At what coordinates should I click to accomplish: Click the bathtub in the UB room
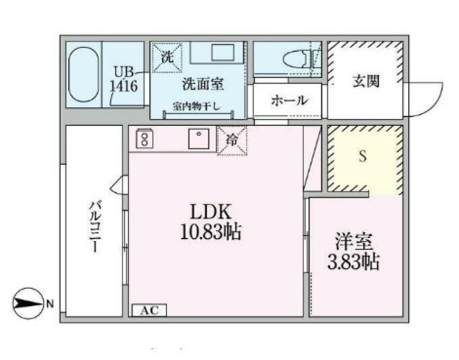click(83, 75)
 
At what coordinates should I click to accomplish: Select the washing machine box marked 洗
click(168, 57)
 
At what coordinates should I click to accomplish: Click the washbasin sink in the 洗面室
click(222, 52)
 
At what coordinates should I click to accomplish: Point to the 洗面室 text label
click(203, 85)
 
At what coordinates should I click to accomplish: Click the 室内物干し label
click(196, 107)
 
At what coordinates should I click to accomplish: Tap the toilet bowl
click(296, 59)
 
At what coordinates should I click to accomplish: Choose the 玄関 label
click(366, 81)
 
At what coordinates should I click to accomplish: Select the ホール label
click(289, 100)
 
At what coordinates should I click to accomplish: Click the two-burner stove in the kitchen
click(144, 138)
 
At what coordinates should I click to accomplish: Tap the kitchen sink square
click(199, 138)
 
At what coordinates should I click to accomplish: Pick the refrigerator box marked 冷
click(232, 141)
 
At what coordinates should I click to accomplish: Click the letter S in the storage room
click(363, 156)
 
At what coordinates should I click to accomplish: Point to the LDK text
click(211, 212)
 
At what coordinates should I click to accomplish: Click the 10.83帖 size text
click(210, 232)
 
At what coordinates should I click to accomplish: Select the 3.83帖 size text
click(353, 261)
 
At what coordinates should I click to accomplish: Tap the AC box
click(149, 311)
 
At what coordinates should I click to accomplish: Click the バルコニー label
click(95, 227)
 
